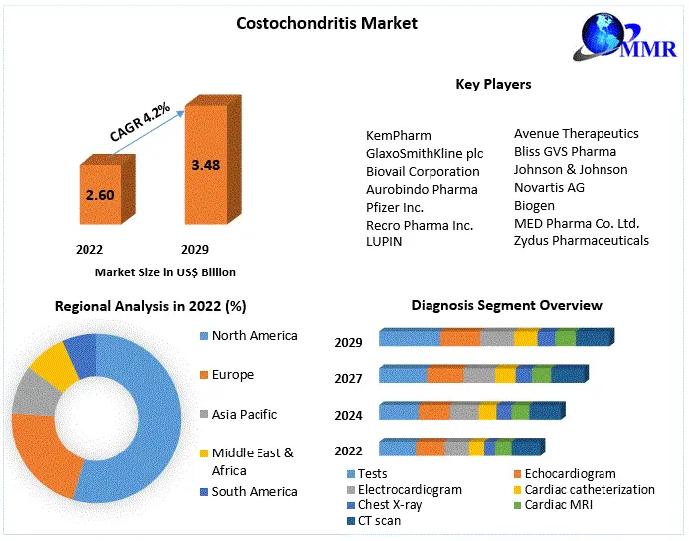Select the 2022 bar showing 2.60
(x=100, y=195)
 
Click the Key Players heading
(x=493, y=84)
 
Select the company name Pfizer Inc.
(x=395, y=207)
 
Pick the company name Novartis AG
(x=549, y=187)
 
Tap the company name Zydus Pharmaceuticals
(x=581, y=240)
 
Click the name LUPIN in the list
(x=384, y=242)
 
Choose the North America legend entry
(x=255, y=336)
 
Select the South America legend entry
(x=254, y=491)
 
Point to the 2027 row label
(x=348, y=378)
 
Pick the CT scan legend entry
(x=379, y=520)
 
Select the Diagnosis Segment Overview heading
(x=506, y=305)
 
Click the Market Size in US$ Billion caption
(x=165, y=271)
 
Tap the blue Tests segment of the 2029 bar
(x=410, y=338)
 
